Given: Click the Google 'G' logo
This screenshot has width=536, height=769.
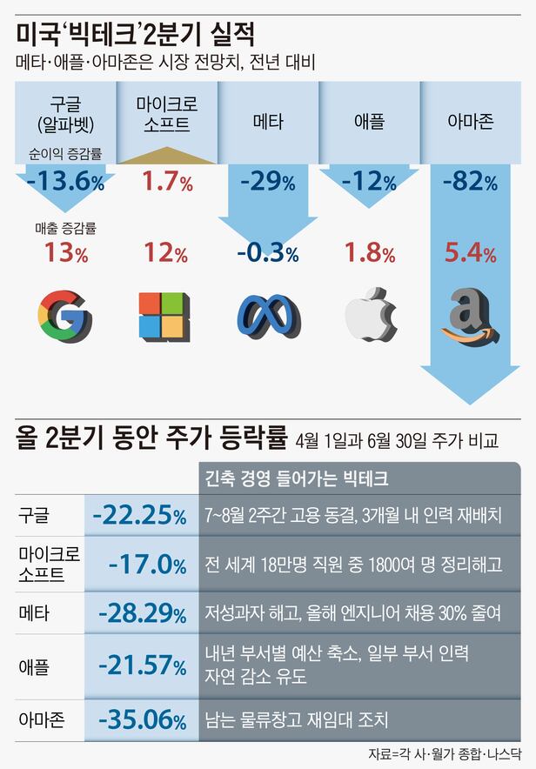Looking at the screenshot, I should coord(64,314).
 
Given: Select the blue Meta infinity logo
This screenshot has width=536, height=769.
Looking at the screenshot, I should coord(268,314).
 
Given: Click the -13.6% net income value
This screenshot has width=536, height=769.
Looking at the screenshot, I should coord(65,183).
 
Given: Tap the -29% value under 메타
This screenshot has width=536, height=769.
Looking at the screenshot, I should coord(268,183).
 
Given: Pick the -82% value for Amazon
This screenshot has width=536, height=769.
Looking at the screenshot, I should coord(470,183).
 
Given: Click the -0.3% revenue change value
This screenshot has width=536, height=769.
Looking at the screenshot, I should coord(268,254).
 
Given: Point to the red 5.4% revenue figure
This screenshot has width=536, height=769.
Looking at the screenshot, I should coord(470,254).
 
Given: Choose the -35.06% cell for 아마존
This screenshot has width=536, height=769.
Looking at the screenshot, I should coord(143,719).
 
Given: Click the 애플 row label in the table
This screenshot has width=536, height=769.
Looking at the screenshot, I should coord(34,665).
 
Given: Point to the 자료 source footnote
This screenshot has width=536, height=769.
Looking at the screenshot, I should coord(445,754).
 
